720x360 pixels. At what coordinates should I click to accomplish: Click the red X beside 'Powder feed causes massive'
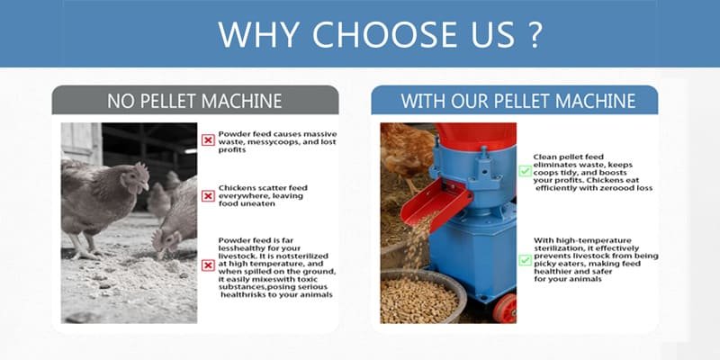click(x=208, y=139)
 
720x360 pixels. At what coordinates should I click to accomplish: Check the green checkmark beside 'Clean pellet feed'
click(x=524, y=170)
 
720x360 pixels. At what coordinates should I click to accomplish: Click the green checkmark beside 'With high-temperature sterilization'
click(x=524, y=259)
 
